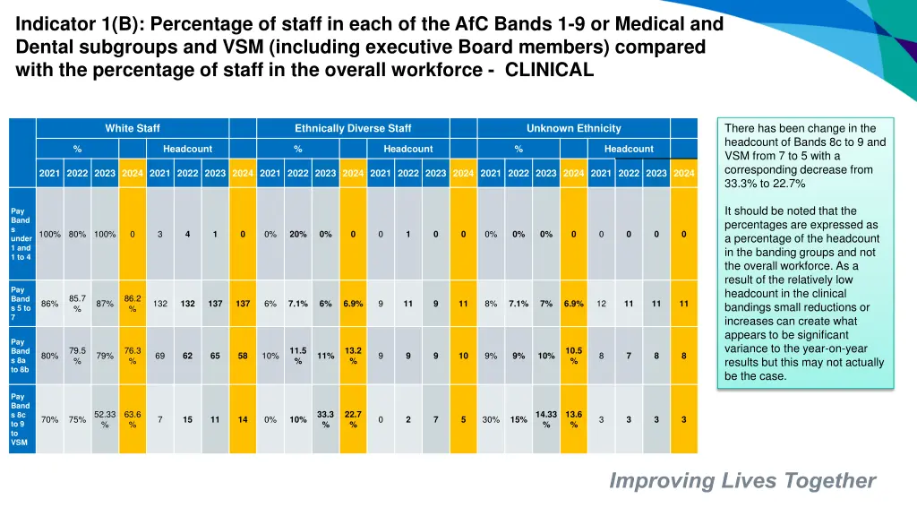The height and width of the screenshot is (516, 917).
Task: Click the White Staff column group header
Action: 132,128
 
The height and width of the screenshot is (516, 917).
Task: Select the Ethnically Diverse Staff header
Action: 353,128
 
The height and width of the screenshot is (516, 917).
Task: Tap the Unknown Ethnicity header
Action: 573,128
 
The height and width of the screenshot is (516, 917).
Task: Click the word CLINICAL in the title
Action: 549,72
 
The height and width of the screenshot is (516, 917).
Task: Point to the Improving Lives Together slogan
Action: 742,481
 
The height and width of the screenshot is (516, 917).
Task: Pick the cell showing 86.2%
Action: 133,304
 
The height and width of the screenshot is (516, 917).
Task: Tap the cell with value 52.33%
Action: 105,419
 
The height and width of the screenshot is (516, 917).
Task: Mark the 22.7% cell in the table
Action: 353,419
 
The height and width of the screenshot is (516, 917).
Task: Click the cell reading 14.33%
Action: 546,419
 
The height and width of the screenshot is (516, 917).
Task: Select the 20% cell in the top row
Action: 298,235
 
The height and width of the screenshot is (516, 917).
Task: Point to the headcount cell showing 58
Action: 243,356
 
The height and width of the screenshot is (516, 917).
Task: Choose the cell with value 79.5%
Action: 77,356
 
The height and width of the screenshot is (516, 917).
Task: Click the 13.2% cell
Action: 353,356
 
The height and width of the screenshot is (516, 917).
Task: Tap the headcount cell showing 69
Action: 160,356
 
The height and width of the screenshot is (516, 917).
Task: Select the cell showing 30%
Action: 491,419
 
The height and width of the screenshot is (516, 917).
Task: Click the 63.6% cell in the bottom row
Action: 133,419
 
